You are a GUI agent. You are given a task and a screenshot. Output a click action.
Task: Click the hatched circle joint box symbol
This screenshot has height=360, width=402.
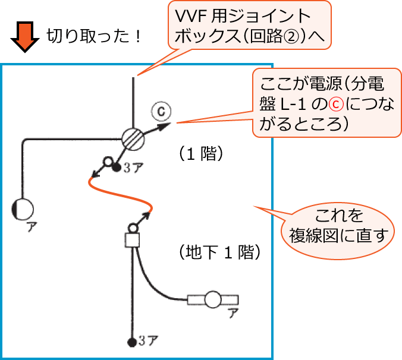coord(132,138)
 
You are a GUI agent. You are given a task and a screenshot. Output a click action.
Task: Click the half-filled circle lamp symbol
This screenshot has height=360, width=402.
coord(23,209)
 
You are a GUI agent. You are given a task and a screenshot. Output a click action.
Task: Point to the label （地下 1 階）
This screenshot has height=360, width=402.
coord(219,252)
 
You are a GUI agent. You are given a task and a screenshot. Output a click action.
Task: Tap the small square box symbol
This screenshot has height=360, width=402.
coord(131,240)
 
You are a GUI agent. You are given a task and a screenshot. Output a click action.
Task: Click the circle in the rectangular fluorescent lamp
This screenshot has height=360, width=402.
coord(212,299)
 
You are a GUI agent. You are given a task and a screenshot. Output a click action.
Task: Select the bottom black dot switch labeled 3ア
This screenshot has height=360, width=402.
coord(131,342)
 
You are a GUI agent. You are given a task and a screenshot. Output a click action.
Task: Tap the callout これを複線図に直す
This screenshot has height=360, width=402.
coord(338,225)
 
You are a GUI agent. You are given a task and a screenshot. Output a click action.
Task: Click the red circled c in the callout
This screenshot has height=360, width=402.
coord(337,105)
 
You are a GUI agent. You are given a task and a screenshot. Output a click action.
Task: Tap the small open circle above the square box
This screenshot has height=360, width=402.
coord(133,226)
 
